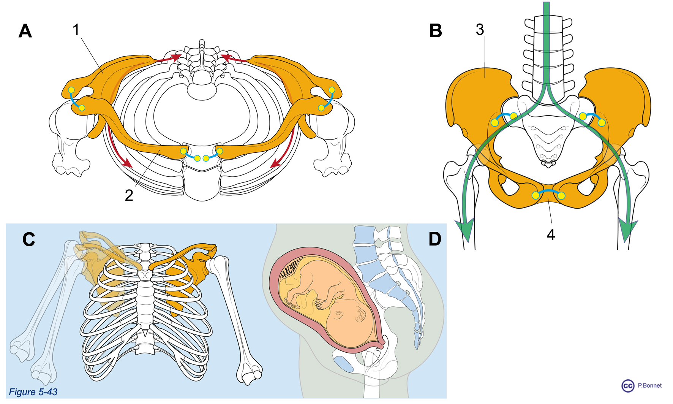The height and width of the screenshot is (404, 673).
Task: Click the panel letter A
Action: pos(25,31)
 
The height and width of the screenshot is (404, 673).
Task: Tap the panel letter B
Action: pos(436,31)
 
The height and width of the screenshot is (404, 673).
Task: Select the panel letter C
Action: pos(29,239)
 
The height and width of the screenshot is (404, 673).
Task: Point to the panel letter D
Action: pos(435,239)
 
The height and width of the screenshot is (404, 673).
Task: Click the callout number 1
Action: pos(76,30)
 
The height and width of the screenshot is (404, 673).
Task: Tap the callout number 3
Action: pos(480,30)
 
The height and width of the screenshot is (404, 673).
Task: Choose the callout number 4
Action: pos(551,235)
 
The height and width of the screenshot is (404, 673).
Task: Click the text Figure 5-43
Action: pos(33,392)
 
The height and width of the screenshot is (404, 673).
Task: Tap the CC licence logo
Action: pos(628,386)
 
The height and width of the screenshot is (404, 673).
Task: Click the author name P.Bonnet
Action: pos(650,385)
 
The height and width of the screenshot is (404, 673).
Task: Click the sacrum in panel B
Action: pos(547,137)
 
